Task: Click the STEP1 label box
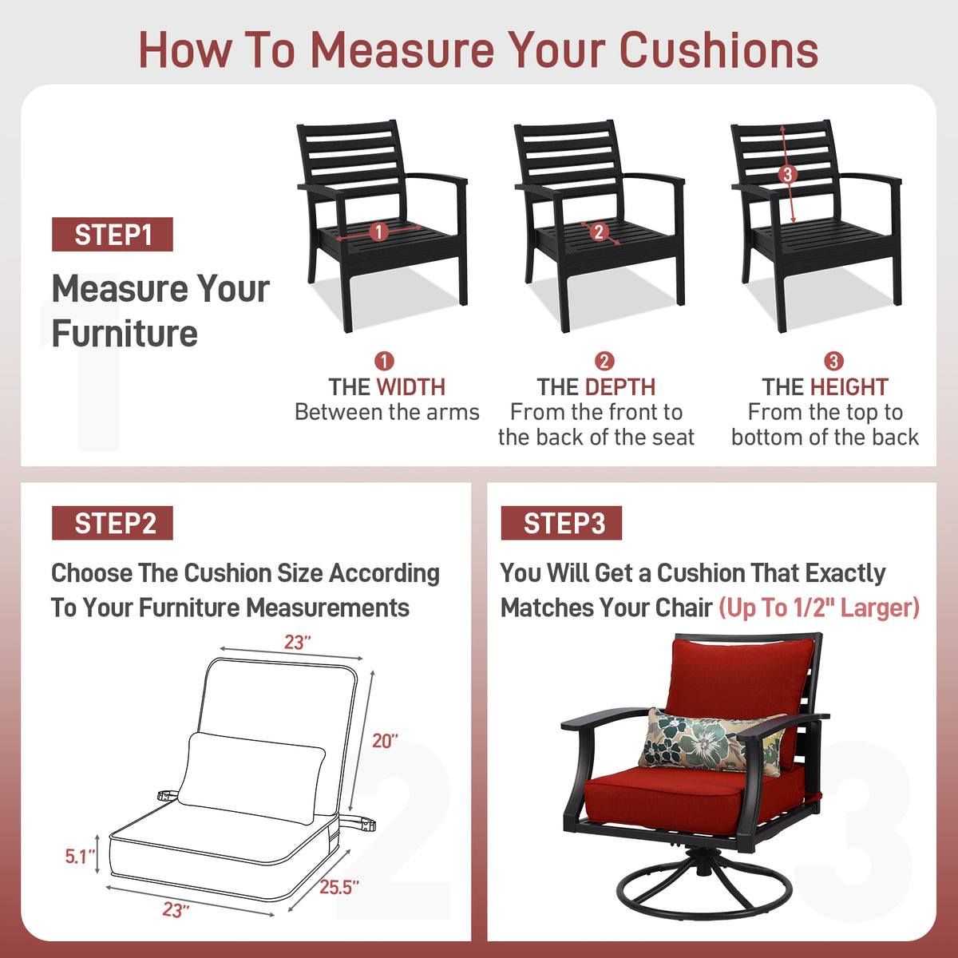tap(113, 234)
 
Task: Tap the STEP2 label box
tap(113, 523)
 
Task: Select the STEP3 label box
tap(561, 523)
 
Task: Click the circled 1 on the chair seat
tap(379, 232)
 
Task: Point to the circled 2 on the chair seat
tap(599, 232)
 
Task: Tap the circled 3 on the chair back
tap(787, 175)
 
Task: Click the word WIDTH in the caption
tap(410, 387)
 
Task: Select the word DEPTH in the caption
tap(620, 387)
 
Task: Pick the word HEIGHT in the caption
tap(849, 387)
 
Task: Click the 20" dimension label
tap(386, 741)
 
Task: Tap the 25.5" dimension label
tap(339, 887)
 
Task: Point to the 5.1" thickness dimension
tap(80, 857)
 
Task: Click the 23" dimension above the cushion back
tap(297, 643)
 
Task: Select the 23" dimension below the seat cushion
tap(176, 910)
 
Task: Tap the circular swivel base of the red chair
tap(704, 892)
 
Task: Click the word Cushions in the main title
tap(718, 50)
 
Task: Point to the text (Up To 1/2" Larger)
tap(819, 608)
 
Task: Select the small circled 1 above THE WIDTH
tap(384, 362)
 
